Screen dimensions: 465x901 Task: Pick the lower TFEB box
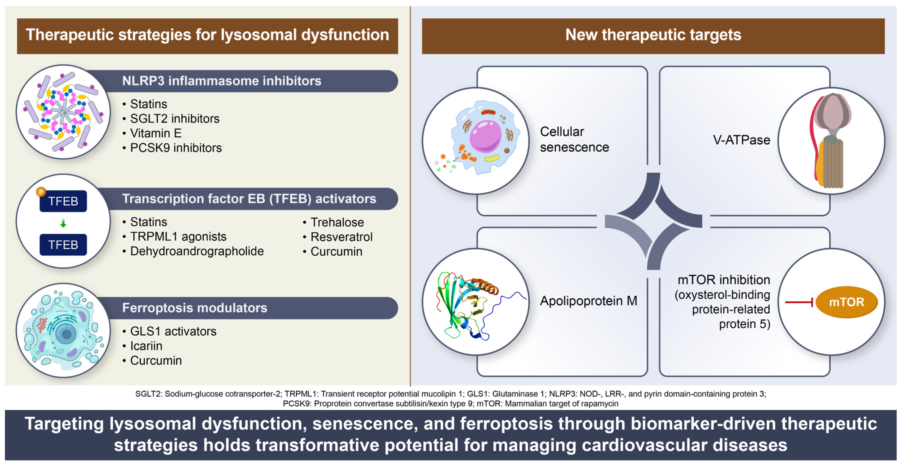point(63,245)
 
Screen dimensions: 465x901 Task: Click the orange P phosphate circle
point(41,192)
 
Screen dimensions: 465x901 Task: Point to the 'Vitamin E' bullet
point(156,133)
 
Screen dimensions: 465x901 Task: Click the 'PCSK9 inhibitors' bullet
point(176,148)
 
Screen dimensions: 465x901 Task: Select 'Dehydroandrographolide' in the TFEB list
point(197,251)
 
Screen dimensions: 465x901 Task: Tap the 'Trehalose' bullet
point(337,222)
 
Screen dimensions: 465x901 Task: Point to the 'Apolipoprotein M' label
point(588,301)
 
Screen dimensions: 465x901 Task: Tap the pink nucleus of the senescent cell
point(485,136)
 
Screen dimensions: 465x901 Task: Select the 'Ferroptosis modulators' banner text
point(194,308)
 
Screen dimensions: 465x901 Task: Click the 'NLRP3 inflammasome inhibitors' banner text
point(221,81)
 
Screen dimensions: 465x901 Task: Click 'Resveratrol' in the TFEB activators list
point(341,237)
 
